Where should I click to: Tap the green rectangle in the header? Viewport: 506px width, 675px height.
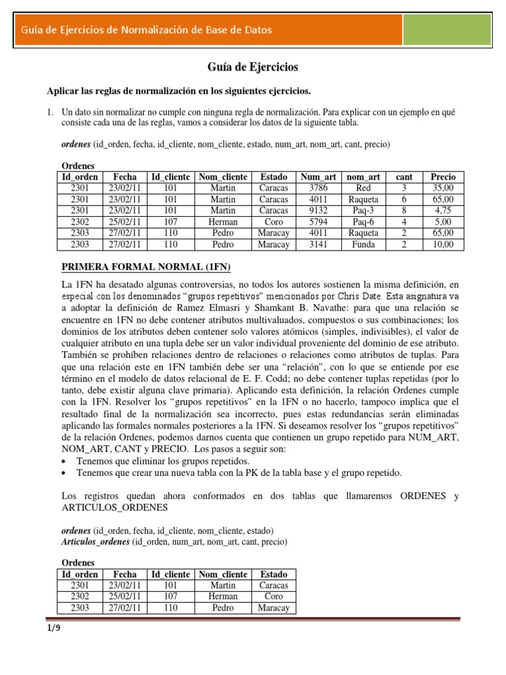point(446,30)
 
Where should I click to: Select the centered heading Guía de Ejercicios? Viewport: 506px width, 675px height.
point(253,67)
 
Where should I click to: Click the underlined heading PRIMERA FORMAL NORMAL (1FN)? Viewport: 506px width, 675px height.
point(146,267)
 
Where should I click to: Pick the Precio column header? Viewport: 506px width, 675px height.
point(443,177)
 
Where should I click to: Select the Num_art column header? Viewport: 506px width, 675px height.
point(318,177)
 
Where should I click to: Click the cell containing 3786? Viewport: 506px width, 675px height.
point(318,188)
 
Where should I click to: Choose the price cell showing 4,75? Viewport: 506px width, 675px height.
point(443,210)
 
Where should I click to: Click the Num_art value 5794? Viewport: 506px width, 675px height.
point(318,222)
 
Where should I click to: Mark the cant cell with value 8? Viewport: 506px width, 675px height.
point(404,210)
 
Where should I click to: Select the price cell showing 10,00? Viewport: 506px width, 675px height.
point(443,245)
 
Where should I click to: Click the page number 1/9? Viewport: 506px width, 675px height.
point(53,628)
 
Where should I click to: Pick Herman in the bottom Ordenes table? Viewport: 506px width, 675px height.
point(223,597)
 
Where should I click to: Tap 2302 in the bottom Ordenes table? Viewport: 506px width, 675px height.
point(80,597)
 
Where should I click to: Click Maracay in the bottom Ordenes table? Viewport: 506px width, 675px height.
point(274,608)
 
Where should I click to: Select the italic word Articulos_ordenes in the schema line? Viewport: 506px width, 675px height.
point(96,542)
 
